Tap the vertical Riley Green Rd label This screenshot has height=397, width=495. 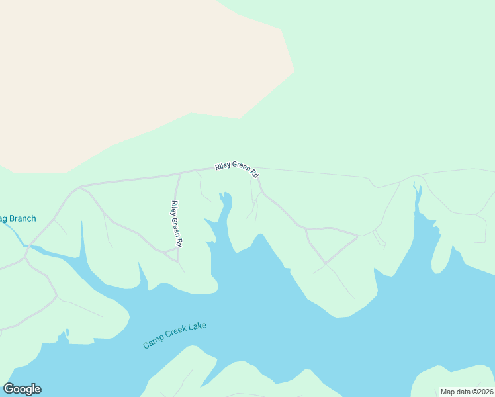[x=176, y=224]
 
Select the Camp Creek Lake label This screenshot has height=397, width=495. [x=175, y=335]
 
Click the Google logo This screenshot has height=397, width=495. [x=22, y=389]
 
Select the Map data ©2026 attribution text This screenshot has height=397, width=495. [x=467, y=392]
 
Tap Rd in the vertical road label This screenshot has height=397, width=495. [x=178, y=242]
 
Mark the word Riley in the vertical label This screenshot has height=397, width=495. [x=174, y=207]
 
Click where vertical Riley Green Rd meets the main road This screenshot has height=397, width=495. [x=180, y=174]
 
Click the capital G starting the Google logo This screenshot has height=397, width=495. [x=9, y=389]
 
